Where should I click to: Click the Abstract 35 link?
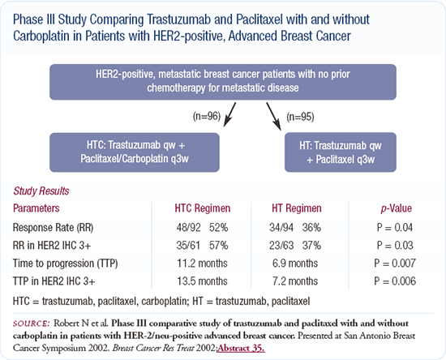point(241,349)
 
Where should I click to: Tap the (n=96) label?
point(207,116)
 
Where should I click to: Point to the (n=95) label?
point(300,117)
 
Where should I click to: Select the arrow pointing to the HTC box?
point(229,114)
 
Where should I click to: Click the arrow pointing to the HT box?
point(274,117)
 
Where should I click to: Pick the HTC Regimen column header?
point(203,208)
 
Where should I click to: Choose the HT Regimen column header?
point(297,208)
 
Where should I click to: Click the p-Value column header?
point(397,208)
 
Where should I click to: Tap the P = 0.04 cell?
point(395,228)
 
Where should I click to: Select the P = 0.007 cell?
point(395,264)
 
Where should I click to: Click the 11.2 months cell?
point(202,264)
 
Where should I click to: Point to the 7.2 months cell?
point(295,281)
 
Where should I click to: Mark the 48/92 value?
point(188,228)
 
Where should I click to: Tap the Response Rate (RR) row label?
point(54,228)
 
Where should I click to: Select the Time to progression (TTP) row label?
point(65,264)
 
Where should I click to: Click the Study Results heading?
point(41,191)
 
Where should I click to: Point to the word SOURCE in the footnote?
point(32,324)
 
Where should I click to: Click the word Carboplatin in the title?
point(41,36)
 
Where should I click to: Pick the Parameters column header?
point(36,208)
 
